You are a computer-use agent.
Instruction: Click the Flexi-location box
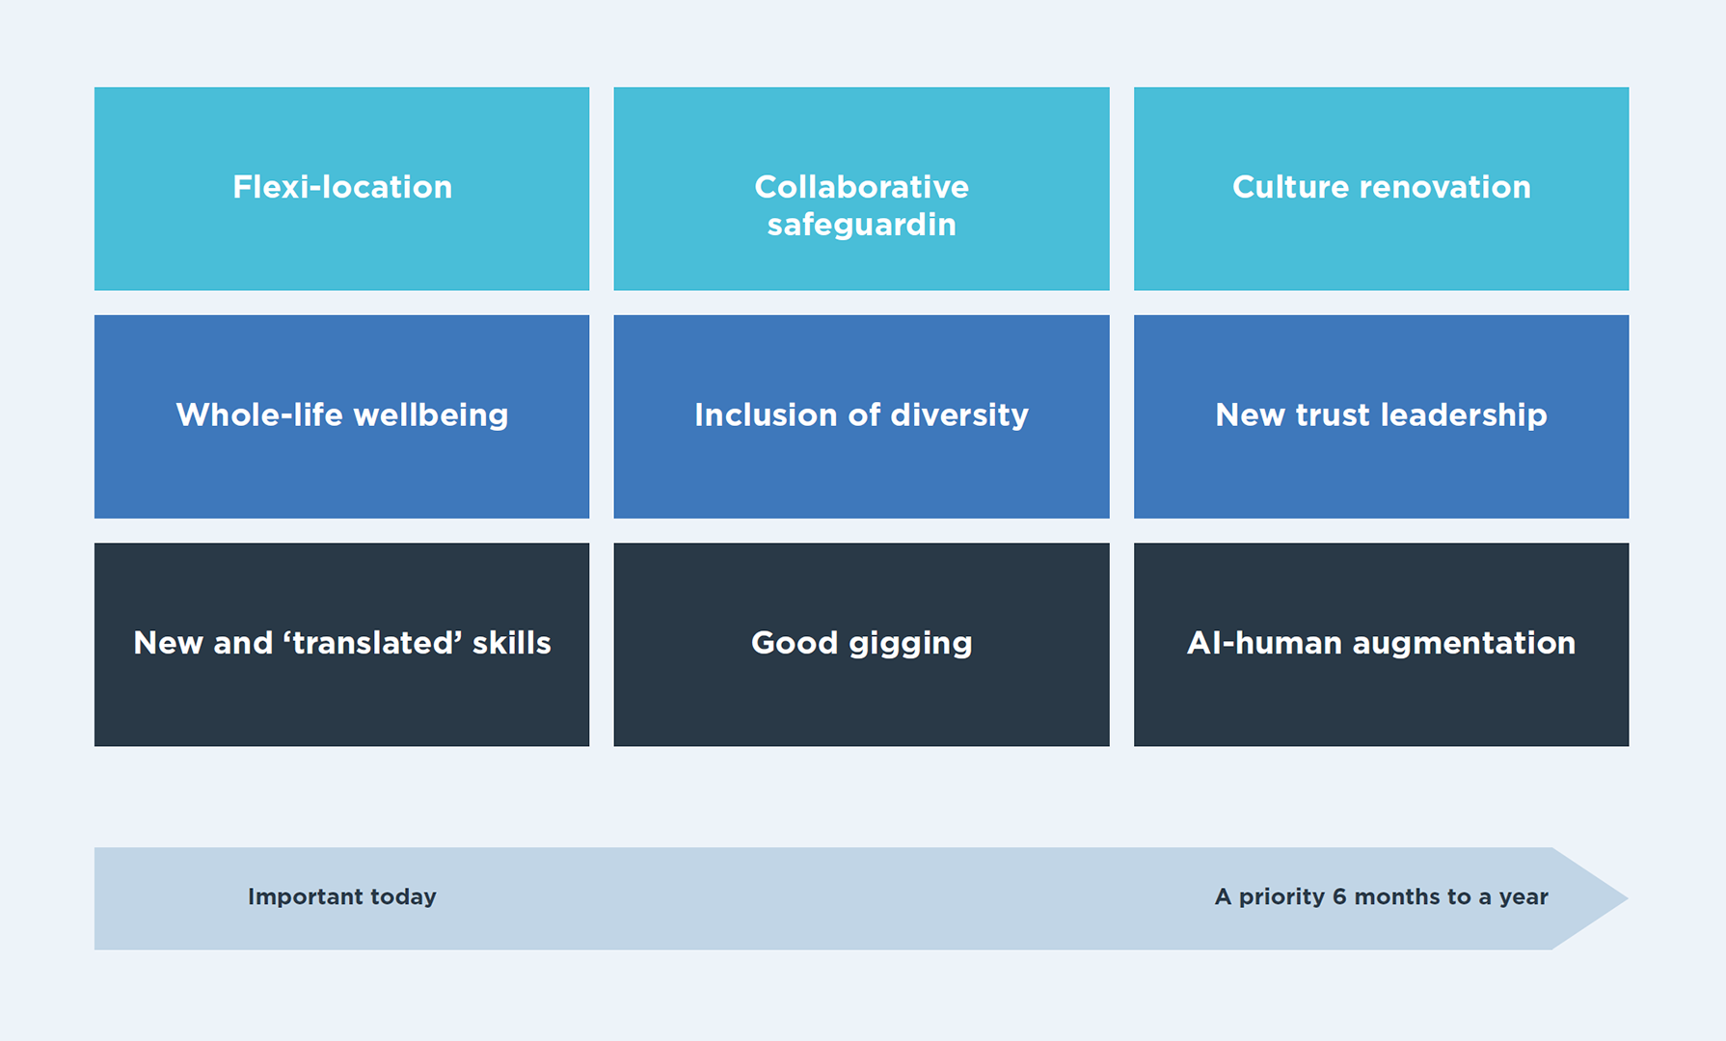341,189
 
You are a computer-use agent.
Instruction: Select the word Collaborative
861,187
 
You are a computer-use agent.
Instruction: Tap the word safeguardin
861,225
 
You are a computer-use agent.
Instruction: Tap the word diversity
959,415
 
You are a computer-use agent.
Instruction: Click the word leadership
1464,415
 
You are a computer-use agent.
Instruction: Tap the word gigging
910,644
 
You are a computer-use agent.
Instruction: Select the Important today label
341,896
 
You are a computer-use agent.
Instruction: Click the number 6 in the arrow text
1339,896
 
